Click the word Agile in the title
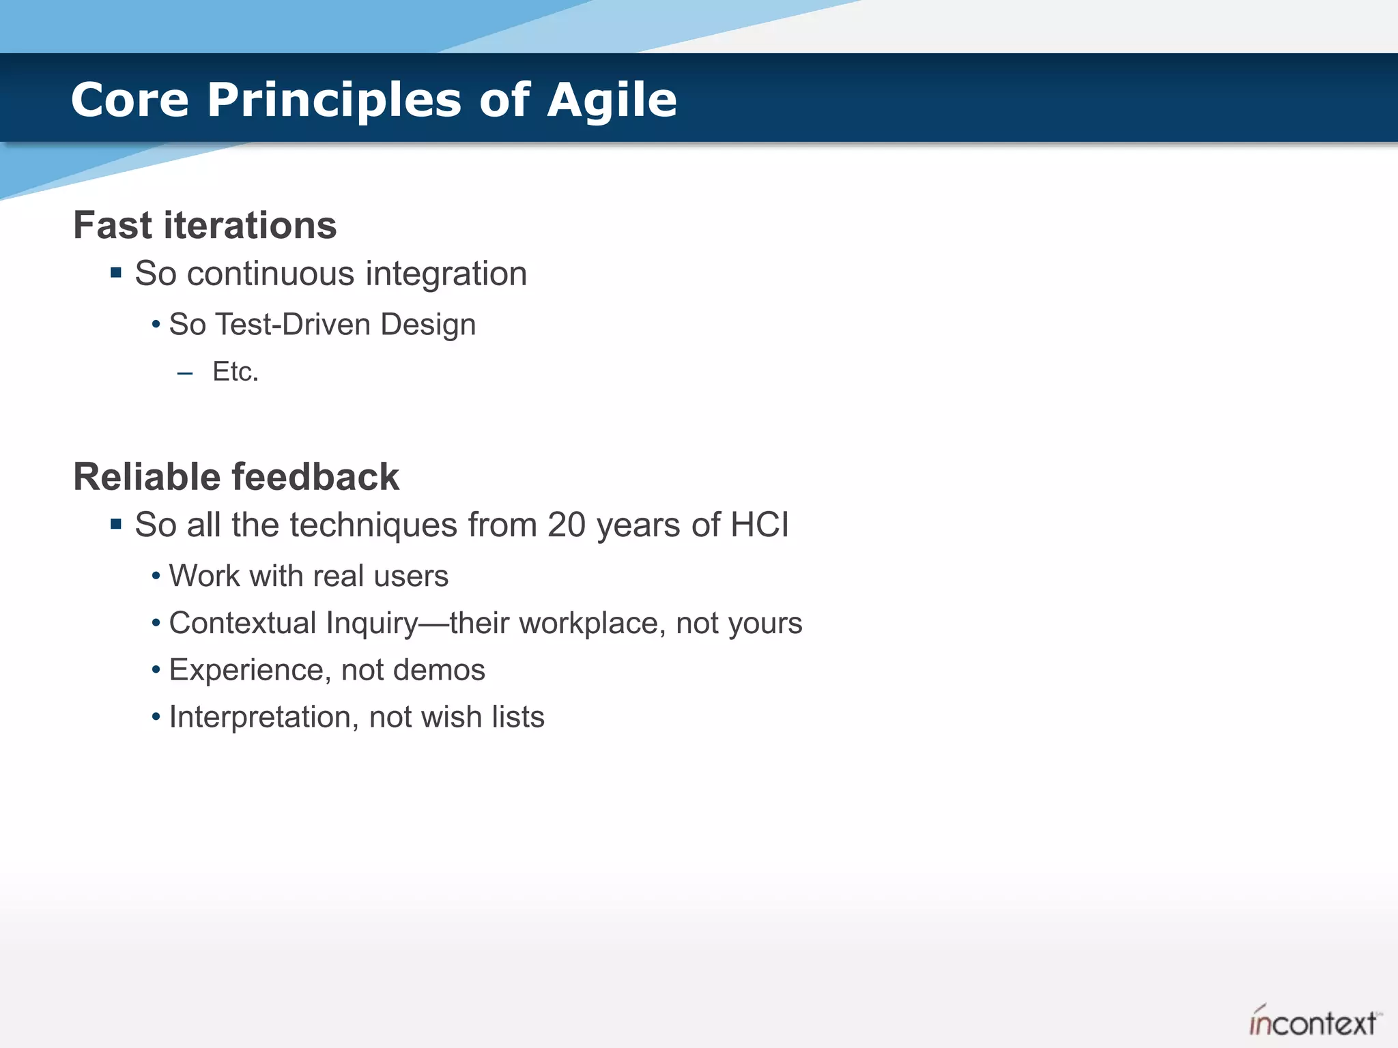(612, 100)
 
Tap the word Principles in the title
(334, 100)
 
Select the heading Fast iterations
(205, 225)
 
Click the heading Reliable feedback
(236, 476)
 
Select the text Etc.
(236, 372)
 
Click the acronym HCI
(759, 525)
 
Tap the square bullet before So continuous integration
(116, 273)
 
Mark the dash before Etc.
(184, 373)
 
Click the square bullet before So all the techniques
(116, 524)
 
